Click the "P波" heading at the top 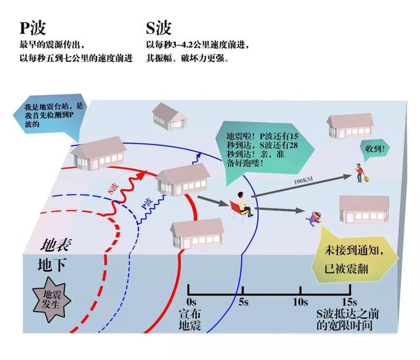click(x=32, y=29)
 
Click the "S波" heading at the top click(x=159, y=29)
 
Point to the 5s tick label click(x=243, y=302)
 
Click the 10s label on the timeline click(x=300, y=302)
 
